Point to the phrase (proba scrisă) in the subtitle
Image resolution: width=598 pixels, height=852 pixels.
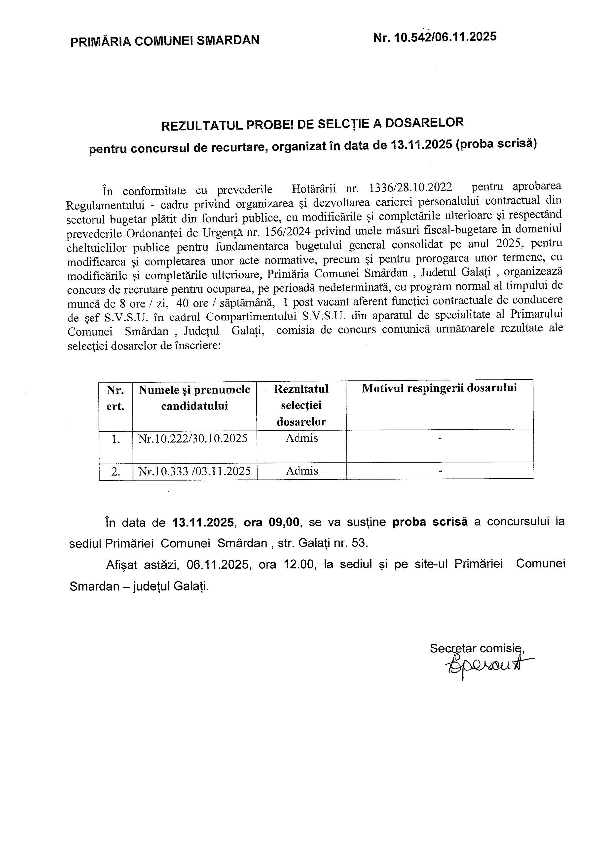(x=496, y=143)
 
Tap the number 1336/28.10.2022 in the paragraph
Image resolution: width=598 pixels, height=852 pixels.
(x=410, y=187)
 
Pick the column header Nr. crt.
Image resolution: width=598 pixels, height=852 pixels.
(x=115, y=398)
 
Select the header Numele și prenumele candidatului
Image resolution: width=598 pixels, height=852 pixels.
(x=194, y=397)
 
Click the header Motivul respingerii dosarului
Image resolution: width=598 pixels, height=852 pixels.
(x=439, y=388)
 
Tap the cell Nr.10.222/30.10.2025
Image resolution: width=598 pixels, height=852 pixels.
(x=193, y=439)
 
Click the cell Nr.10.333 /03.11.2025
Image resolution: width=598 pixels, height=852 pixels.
(x=194, y=471)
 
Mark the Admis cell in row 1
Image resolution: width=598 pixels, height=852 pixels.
(x=301, y=438)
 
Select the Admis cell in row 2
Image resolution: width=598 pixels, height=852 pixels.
(x=301, y=471)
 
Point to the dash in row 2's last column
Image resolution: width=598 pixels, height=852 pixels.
(x=440, y=471)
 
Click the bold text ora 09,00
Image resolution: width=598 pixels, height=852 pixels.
(x=271, y=522)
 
